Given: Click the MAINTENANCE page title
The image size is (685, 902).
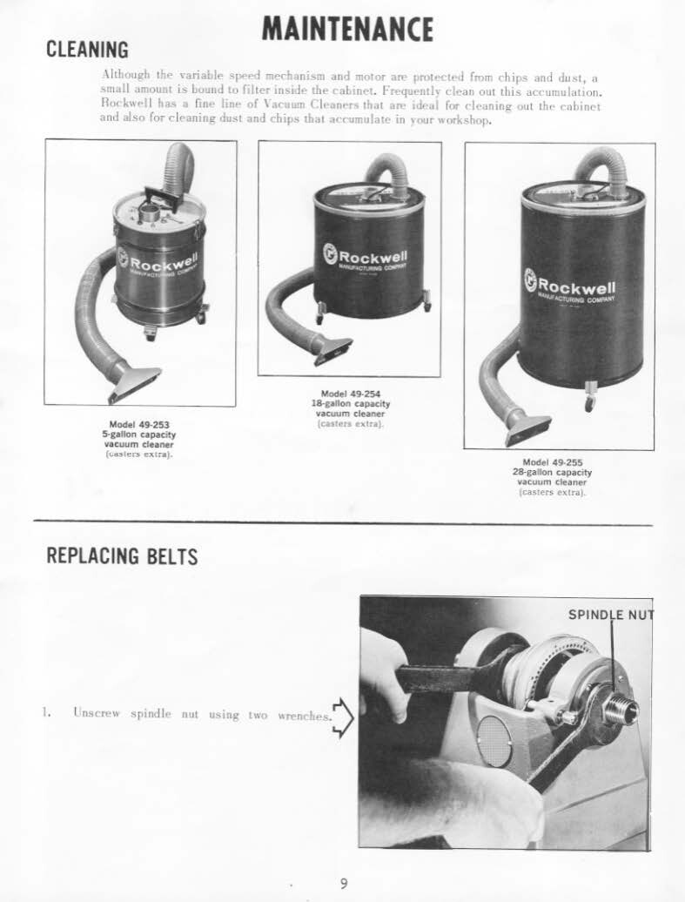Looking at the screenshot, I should [347, 29].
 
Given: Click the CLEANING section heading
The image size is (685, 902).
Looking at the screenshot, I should [87, 50].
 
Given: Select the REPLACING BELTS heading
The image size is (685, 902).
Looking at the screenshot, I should [122, 555].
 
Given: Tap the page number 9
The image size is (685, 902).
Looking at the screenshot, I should [344, 884].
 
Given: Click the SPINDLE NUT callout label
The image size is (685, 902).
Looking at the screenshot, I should [609, 615].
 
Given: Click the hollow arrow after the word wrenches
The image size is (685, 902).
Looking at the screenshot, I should [343, 717].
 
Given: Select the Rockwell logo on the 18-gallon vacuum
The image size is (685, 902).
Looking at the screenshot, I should [364, 255].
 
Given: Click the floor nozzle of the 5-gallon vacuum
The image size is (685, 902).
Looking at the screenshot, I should [133, 380].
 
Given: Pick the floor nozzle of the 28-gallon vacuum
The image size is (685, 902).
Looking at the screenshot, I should [527, 428].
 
